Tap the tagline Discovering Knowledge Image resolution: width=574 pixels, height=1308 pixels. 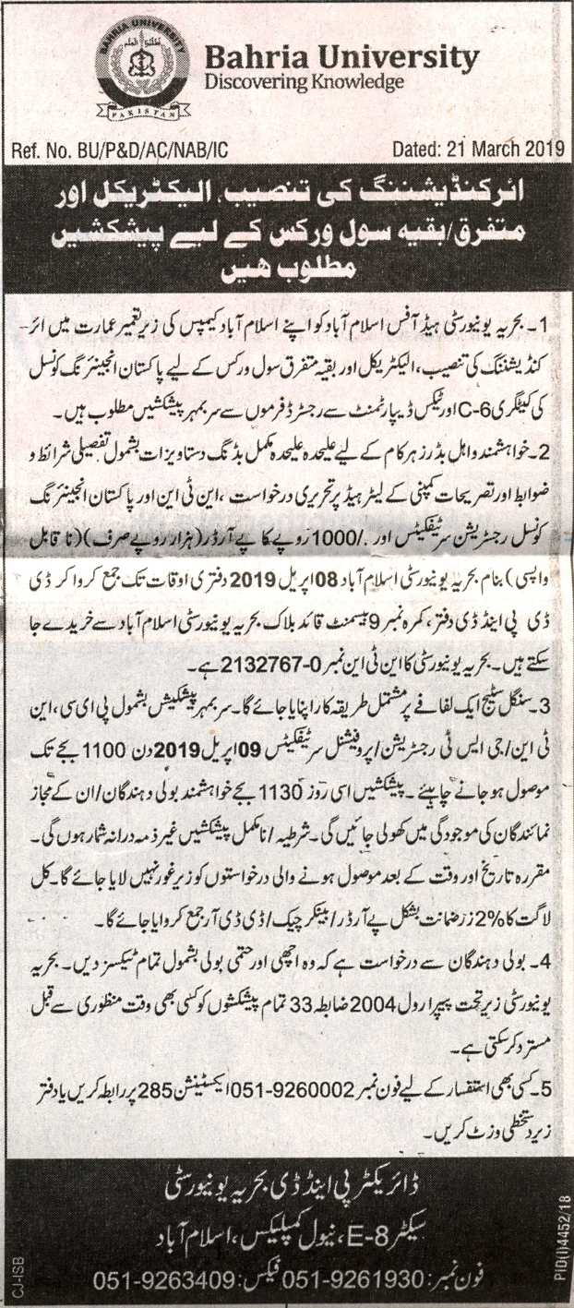[x=305, y=83]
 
